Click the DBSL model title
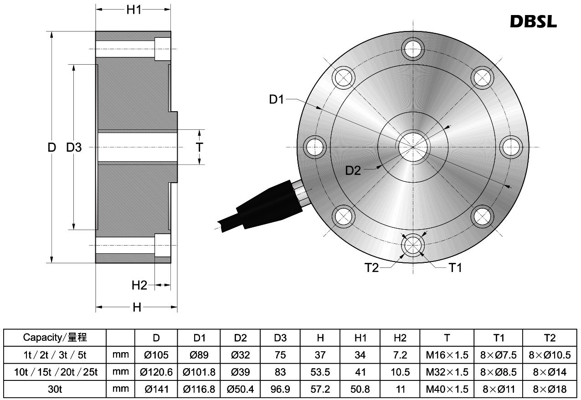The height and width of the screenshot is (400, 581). pyautogui.click(x=533, y=21)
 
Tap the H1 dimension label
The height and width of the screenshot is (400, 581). pyautogui.click(x=134, y=10)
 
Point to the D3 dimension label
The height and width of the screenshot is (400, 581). pyautogui.click(x=74, y=147)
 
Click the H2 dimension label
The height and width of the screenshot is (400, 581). pyautogui.click(x=139, y=285)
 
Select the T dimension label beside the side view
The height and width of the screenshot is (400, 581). pyautogui.click(x=199, y=147)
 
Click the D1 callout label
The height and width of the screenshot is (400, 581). pyautogui.click(x=277, y=99)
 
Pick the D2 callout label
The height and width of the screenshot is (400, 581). pyautogui.click(x=353, y=170)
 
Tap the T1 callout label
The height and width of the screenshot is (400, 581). pyautogui.click(x=455, y=267)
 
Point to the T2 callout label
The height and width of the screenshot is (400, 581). pyautogui.click(x=371, y=267)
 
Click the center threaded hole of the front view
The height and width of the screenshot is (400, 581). pyautogui.click(x=413, y=147)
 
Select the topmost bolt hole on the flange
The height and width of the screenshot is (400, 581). pyautogui.click(x=413, y=49)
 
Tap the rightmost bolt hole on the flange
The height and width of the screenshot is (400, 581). pyautogui.click(x=511, y=147)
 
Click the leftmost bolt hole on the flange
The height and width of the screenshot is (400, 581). pyautogui.click(x=315, y=147)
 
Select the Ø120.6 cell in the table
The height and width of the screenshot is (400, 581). pyautogui.click(x=156, y=372)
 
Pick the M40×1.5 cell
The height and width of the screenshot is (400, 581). pyautogui.click(x=447, y=389)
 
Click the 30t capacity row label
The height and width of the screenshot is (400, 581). pyautogui.click(x=55, y=389)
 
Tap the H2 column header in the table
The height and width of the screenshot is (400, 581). pyautogui.click(x=400, y=338)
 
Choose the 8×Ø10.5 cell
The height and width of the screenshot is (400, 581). pyautogui.click(x=550, y=355)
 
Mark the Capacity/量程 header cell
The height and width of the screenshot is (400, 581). pyautogui.click(x=55, y=338)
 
